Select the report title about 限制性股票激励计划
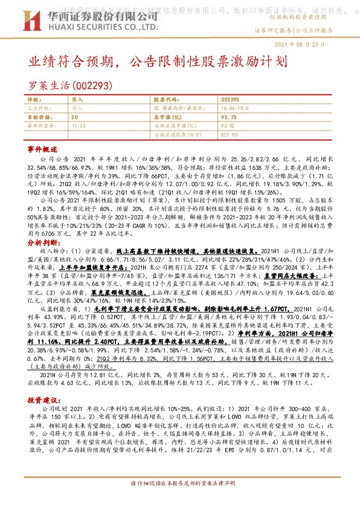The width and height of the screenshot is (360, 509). tap(163, 62)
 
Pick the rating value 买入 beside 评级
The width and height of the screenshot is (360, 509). tap(78, 99)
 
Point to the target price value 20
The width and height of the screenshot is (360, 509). tap(74, 116)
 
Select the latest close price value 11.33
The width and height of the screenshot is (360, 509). tap(79, 125)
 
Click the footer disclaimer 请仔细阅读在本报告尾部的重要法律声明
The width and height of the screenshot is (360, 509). tap(180, 501)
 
